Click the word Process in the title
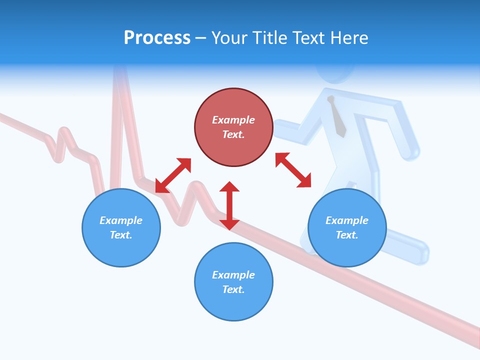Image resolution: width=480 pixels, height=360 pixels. tap(157, 38)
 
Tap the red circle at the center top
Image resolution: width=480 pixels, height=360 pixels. tap(233, 127)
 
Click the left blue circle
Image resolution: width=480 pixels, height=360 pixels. tap(121, 227)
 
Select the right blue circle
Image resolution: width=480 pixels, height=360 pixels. tap(347, 227)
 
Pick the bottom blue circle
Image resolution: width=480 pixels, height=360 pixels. tap(233, 282)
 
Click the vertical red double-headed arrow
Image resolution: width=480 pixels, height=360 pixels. tap(229, 205)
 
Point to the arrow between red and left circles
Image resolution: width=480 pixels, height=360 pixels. tap(173, 175)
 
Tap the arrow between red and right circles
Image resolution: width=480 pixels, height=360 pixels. tap(293, 170)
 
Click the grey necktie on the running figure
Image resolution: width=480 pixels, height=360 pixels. tap(337, 118)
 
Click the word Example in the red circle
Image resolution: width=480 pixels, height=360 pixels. tap(233, 120)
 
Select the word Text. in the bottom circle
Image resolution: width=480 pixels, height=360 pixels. tap(233, 289)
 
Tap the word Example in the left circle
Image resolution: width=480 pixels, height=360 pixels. tap(121, 220)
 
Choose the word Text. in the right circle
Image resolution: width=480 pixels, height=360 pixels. tap(347, 235)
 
